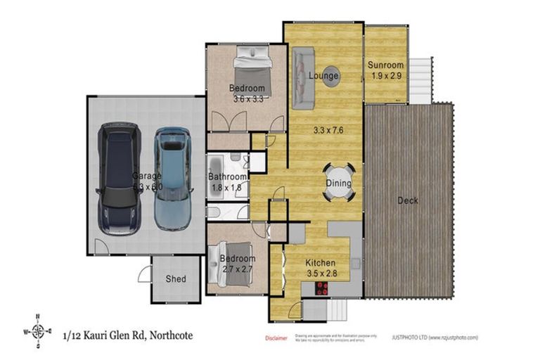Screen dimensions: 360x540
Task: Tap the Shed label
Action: click(176, 279)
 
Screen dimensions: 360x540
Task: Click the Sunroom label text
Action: click(385, 65)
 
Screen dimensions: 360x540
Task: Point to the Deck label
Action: click(408, 201)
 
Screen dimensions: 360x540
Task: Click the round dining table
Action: click(337, 184)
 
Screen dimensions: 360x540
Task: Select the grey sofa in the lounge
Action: click(303, 77)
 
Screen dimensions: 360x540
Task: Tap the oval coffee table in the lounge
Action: click(332, 77)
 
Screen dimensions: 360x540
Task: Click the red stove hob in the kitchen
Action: click(321, 288)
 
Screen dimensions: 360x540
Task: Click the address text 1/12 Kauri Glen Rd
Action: click(127, 335)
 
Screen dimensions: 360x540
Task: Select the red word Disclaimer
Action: click(277, 337)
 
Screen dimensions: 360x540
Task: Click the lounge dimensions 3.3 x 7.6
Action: click(328, 129)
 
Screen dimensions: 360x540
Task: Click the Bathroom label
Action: click(227, 177)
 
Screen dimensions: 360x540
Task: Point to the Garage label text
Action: click(147, 176)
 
